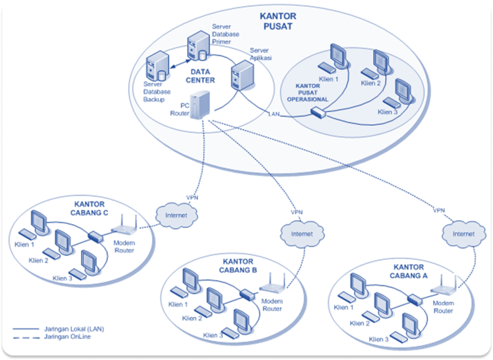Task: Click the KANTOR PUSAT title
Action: (278, 21)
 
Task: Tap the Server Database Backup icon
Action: (155, 68)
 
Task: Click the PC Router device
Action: (201, 104)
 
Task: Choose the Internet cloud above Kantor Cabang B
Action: (301, 233)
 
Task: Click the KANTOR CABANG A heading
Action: (409, 271)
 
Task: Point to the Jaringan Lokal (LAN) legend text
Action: (74, 329)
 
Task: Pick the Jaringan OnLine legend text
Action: (67, 336)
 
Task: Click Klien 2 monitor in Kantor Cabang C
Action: (63, 240)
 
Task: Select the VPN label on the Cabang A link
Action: (439, 210)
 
